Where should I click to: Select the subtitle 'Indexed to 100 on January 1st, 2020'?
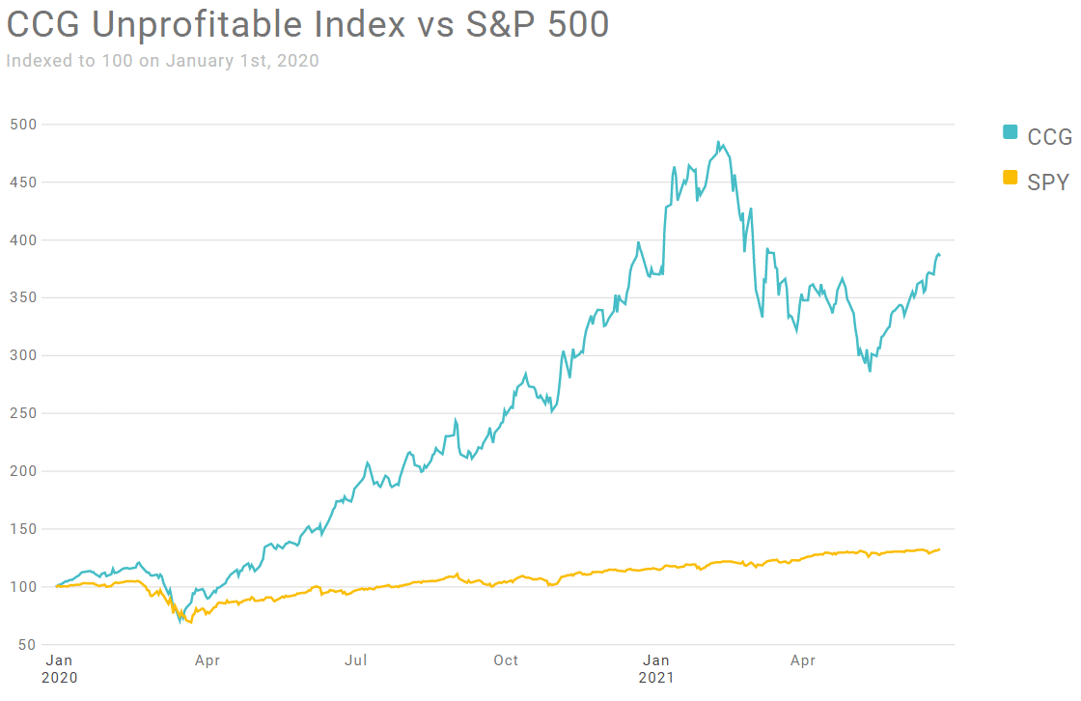point(162,61)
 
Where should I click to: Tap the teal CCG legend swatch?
point(1011,132)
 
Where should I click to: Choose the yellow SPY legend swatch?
point(1011,177)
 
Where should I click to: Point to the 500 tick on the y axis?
point(23,125)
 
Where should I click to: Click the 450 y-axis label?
point(23,182)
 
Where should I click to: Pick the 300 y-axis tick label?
point(23,355)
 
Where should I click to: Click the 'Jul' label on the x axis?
point(356,661)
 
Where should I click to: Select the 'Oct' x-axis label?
point(506,661)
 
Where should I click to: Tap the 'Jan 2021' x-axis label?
point(655,668)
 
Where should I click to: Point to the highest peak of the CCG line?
point(718,143)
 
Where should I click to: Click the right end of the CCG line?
point(939,255)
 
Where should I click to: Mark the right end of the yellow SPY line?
point(939,549)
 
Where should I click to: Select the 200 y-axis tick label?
point(23,471)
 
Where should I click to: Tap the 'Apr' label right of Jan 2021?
point(803,661)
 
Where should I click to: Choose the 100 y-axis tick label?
point(23,587)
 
